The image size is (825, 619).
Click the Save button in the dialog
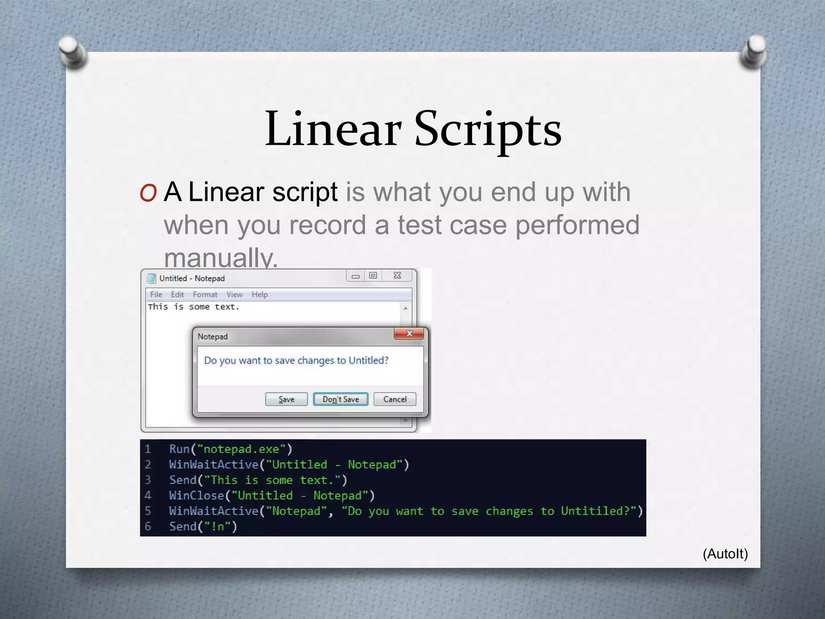pyautogui.click(x=286, y=399)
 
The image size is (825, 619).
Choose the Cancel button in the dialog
pyautogui.click(x=395, y=399)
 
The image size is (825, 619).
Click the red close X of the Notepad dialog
pyautogui.click(x=409, y=334)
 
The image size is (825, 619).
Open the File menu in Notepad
pyautogui.click(x=156, y=295)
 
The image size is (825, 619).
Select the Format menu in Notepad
pyautogui.click(x=205, y=295)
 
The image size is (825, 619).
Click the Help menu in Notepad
pyautogui.click(x=259, y=295)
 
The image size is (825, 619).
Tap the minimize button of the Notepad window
pyautogui.click(x=355, y=276)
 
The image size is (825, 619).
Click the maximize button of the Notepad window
pyautogui.click(x=373, y=276)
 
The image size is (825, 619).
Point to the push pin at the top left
pyautogui.click(x=73, y=52)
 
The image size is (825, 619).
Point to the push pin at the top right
pyautogui.click(x=754, y=52)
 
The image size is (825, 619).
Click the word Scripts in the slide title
pyautogui.click(x=488, y=129)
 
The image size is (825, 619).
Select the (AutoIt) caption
pyautogui.click(x=725, y=554)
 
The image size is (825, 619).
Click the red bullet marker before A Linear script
pyautogui.click(x=148, y=193)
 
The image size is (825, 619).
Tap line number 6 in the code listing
pyautogui.click(x=148, y=526)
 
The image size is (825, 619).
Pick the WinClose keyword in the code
pyautogui.click(x=197, y=495)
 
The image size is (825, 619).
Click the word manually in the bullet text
pyautogui.click(x=221, y=258)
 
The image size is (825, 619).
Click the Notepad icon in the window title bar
pyautogui.click(x=151, y=278)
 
